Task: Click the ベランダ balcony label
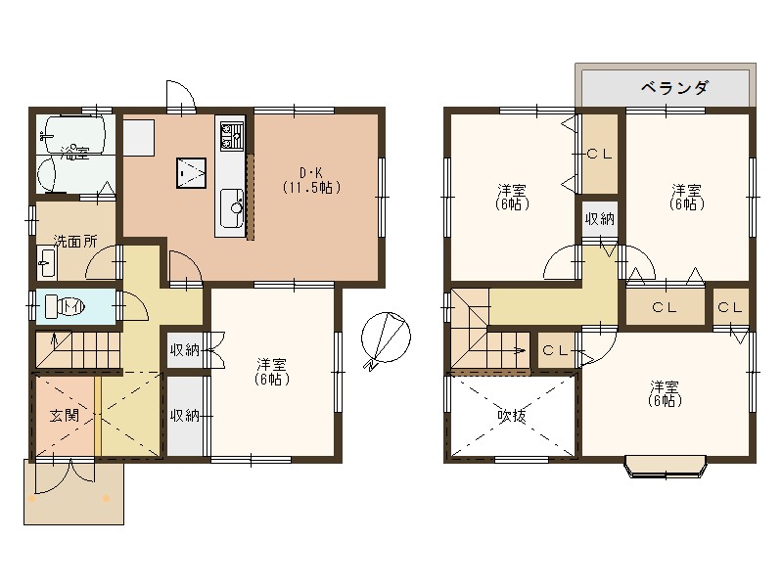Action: coord(674,88)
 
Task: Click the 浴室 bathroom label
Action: coord(73,154)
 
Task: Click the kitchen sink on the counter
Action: coord(234,205)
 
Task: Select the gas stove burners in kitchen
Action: coord(231,135)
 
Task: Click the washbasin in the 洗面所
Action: coord(46,263)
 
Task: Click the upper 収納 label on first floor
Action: coord(185,349)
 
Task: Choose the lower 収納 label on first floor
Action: coord(185,416)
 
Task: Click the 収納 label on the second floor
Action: coord(599,218)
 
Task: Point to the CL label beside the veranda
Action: coord(599,154)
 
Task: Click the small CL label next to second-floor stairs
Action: coord(556,350)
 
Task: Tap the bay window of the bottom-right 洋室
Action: coord(665,467)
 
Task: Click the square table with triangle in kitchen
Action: coord(191,172)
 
